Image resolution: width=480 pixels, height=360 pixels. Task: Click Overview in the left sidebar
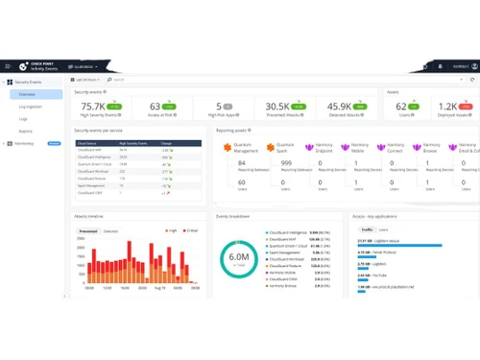tap(27, 95)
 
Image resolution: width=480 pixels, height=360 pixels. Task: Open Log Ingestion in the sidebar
tap(30, 107)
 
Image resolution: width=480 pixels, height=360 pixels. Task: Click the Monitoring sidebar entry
tap(28, 142)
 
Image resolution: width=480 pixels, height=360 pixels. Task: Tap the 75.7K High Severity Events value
tap(93, 107)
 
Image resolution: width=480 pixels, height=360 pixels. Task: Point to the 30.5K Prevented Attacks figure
tap(277, 107)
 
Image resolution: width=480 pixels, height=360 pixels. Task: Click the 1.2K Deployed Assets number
tap(448, 107)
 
